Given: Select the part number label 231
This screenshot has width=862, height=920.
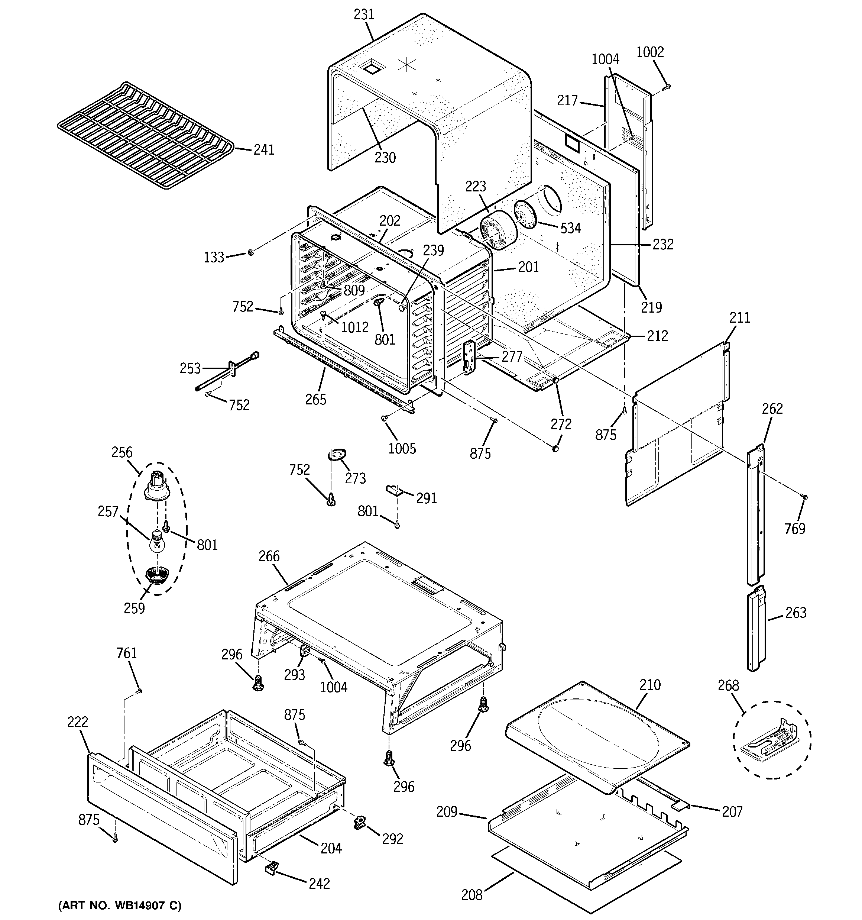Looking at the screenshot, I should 364,15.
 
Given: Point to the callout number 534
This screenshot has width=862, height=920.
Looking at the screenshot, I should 570,228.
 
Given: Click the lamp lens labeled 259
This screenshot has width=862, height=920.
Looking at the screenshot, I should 157,577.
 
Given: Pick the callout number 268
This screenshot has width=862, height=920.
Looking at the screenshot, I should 728,685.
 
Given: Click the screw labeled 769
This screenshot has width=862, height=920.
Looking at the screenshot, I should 804,497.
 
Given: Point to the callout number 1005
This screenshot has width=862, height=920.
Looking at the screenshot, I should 402,448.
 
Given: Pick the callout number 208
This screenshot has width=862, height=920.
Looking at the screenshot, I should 471,895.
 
